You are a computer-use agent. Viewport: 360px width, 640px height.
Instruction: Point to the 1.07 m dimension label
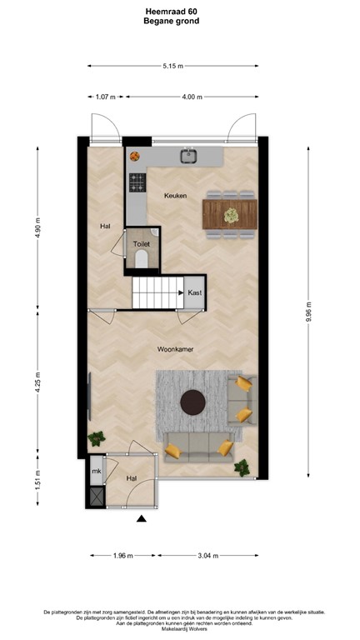[x=106, y=97]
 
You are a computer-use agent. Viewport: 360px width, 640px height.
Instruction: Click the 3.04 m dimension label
[x=207, y=555]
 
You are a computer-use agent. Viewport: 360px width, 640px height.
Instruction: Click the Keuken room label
[x=175, y=195]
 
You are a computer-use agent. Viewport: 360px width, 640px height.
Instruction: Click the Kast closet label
[x=194, y=292]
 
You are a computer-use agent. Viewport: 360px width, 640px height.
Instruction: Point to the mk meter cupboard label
[x=96, y=472]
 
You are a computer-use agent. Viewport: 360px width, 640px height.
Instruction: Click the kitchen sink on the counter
[x=189, y=154]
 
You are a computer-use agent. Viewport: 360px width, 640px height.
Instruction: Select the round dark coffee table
[x=194, y=402]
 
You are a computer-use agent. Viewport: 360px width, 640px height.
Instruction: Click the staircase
[x=157, y=293]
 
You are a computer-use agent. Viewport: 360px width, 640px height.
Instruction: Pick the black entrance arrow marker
[x=142, y=520]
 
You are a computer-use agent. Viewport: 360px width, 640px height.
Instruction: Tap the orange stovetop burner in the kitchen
[x=134, y=155]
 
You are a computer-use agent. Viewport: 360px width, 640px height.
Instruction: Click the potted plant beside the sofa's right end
[x=242, y=467]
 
